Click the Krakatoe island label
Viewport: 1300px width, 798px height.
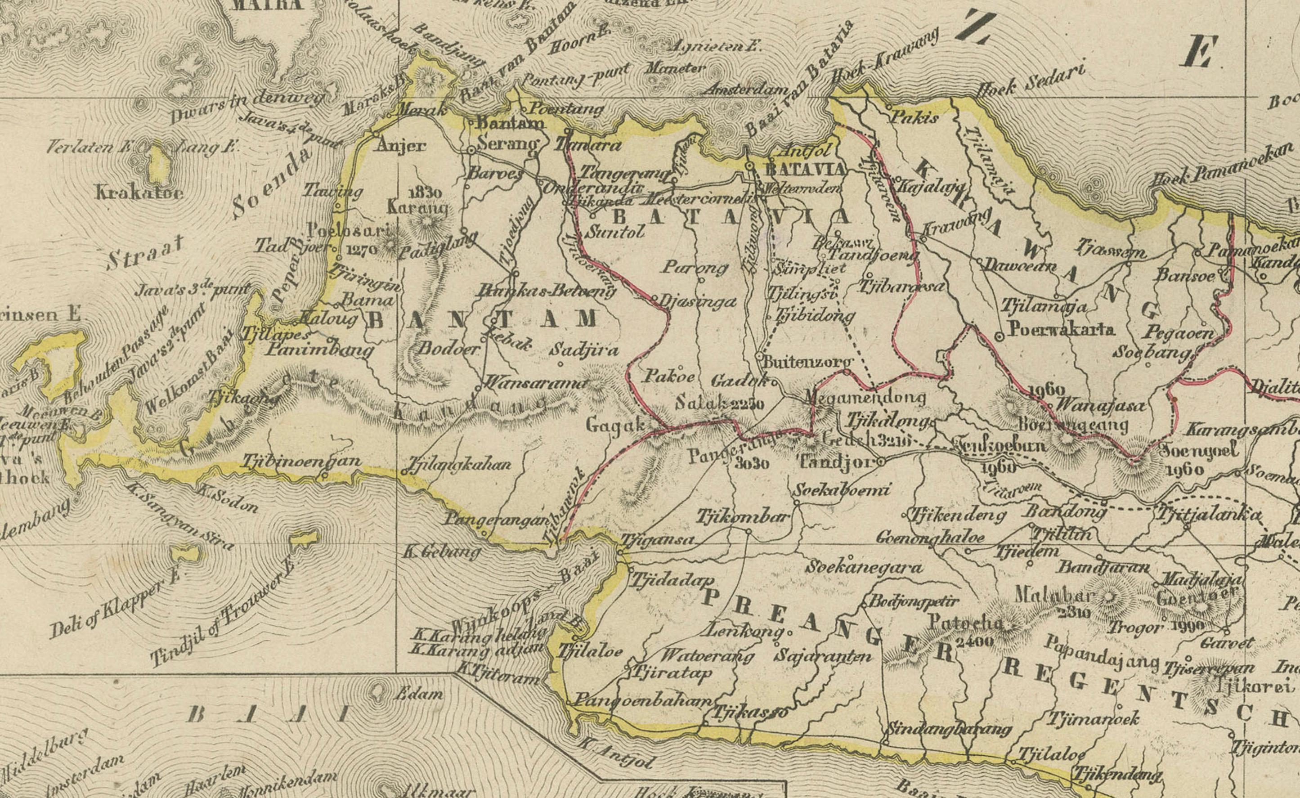(139, 192)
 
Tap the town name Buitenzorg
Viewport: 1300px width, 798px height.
(807, 362)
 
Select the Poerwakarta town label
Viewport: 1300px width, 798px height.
(1061, 329)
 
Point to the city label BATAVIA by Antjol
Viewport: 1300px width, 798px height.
(804, 170)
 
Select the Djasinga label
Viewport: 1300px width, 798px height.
(698, 301)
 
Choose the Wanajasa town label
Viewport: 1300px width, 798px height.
(1100, 406)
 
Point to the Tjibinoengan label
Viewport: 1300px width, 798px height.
(301, 461)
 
